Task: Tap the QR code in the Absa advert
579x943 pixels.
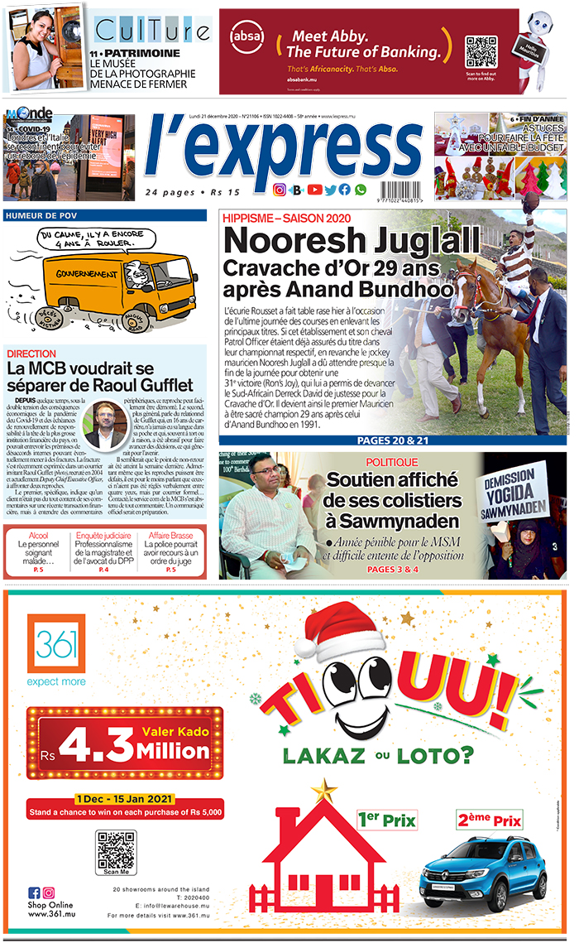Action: point(481,52)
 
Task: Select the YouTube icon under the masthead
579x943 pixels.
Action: point(314,190)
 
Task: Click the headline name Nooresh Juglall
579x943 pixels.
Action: point(352,241)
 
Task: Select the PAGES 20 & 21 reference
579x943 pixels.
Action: point(392,440)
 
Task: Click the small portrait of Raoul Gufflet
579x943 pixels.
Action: point(104,425)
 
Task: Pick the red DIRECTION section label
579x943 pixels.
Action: point(31,354)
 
